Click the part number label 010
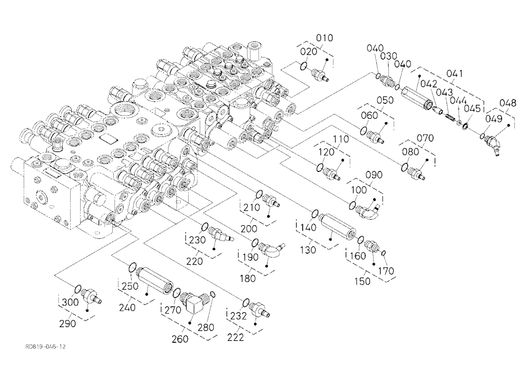click(324, 37)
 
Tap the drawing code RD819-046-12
click(45, 347)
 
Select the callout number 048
click(508, 103)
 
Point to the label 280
click(206, 327)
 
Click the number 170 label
click(386, 271)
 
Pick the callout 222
click(235, 337)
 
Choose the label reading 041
click(454, 73)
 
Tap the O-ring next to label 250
click(133, 267)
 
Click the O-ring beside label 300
click(77, 289)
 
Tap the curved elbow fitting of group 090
click(367, 210)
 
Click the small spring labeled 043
click(450, 117)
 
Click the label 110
click(341, 139)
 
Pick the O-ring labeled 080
click(405, 167)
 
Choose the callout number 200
click(249, 229)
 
